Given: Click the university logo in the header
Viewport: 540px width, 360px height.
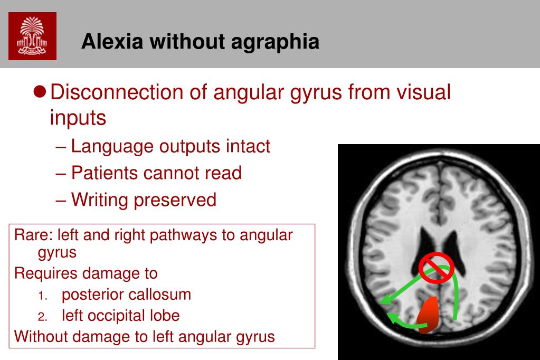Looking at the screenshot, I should [32, 36].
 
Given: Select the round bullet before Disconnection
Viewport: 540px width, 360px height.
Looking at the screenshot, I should [39, 92].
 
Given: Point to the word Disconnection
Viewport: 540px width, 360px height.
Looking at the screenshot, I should [117, 92].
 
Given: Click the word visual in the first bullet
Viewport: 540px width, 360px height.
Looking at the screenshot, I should [423, 92].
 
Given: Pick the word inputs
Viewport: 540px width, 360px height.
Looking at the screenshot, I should [78, 118].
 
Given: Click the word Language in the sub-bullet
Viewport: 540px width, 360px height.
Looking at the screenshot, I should [112, 146].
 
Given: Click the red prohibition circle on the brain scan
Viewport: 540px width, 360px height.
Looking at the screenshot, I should [436, 268].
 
